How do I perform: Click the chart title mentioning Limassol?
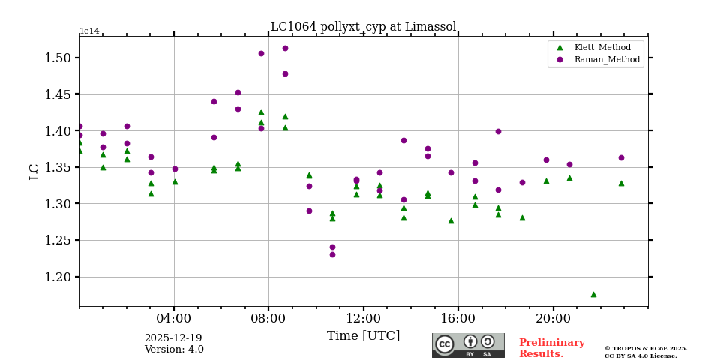click(x=363, y=27)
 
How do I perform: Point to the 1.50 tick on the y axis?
click(x=57, y=58)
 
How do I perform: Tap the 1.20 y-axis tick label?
click(x=57, y=277)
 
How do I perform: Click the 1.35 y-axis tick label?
click(x=57, y=167)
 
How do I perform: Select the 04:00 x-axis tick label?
click(x=174, y=317)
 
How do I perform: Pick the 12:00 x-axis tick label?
click(x=364, y=317)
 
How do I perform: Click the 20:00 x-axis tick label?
click(x=553, y=317)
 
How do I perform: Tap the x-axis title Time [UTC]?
click(x=363, y=335)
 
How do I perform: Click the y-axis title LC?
click(x=34, y=172)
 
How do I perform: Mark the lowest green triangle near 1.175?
click(x=593, y=294)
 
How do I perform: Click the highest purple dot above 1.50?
click(x=285, y=48)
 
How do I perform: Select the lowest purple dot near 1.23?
click(x=332, y=254)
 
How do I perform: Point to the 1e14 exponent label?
click(x=89, y=31)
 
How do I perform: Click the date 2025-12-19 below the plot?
click(x=173, y=338)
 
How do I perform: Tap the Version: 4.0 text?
click(x=174, y=349)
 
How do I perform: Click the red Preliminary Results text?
click(x=551, y=348)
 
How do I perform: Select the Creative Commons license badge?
click(x=468, y=345)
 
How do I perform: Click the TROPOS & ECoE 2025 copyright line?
click(x=646, y=348)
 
